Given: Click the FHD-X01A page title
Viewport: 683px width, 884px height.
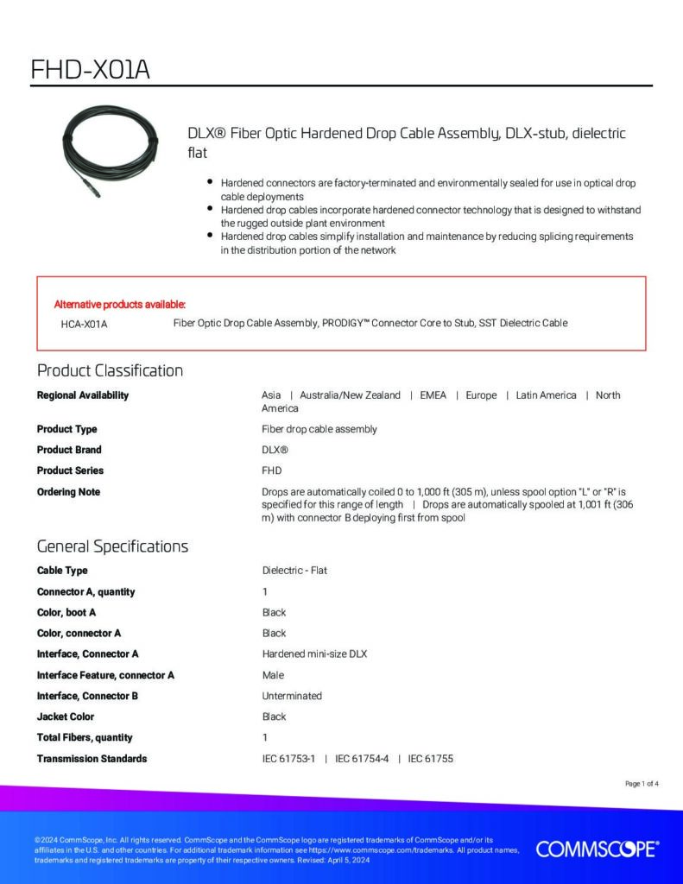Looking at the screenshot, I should pos(90,69).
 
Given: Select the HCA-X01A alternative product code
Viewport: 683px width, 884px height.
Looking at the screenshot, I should pos(84,324).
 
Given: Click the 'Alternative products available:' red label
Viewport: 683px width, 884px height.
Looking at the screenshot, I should pos(120,304).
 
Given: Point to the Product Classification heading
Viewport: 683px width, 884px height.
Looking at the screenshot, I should pos(110,370).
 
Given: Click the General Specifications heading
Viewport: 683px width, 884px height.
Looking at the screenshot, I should pos(112,546).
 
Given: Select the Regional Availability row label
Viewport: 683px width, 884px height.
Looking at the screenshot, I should pos(83,395).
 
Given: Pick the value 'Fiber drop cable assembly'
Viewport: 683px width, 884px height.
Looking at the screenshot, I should pos(319,429).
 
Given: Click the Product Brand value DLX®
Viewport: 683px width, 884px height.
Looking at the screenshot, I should pos(275,450).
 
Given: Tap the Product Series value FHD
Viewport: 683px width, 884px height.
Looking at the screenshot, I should pos(272,470).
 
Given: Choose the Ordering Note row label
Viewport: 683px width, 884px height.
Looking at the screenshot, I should pos(68,492).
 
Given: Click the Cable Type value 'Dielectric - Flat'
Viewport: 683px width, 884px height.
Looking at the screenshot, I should pos(294,571).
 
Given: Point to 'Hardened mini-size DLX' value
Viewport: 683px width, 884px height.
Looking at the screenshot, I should pos(314,654).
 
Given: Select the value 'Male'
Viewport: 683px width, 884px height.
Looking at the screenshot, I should pos(273,675).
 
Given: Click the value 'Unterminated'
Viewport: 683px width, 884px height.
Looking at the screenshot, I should pos(292,696).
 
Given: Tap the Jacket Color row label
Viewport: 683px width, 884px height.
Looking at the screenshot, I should pos(66,717).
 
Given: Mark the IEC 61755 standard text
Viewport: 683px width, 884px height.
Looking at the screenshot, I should pos(431,759).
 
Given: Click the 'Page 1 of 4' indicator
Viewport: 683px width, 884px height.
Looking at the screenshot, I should pos(642,784).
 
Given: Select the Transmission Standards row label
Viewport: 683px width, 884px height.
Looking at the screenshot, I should pos(92,759).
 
